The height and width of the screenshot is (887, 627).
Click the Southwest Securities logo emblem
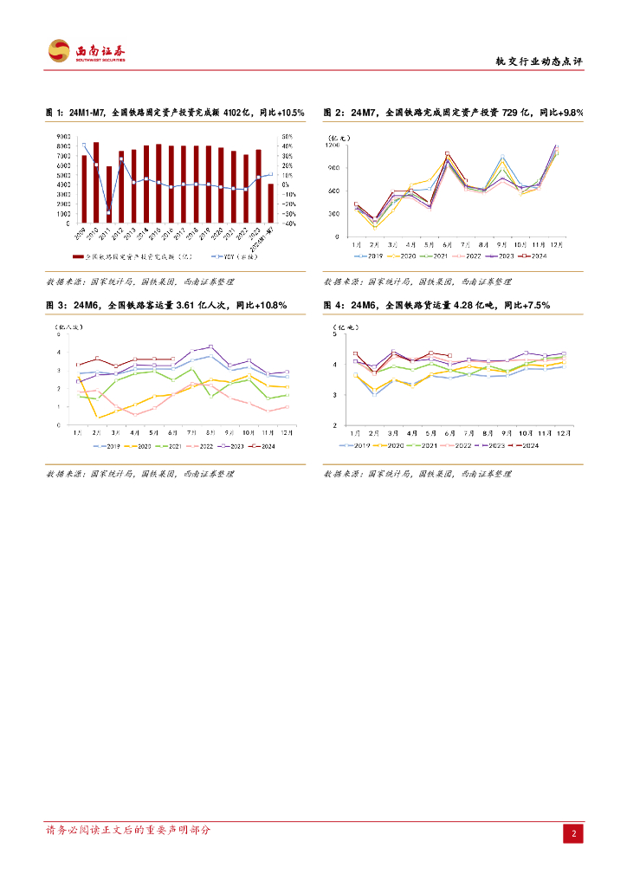point(58,51)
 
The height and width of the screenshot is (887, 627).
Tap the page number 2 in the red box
point(572,833)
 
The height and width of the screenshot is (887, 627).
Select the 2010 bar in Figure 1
point(96,182)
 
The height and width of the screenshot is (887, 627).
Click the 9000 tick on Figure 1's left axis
point(65,137)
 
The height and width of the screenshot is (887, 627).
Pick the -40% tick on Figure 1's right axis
point(291,223)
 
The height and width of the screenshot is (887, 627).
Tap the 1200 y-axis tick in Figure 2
point(333,145)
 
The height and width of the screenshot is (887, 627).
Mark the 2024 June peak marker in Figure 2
point(447,154)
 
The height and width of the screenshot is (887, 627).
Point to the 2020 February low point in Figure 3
point(98,418)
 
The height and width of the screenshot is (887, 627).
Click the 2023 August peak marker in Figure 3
point(210,346)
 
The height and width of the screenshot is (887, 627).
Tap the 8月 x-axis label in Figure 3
point(210,431)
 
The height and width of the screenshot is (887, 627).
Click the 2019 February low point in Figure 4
point(374,394)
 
